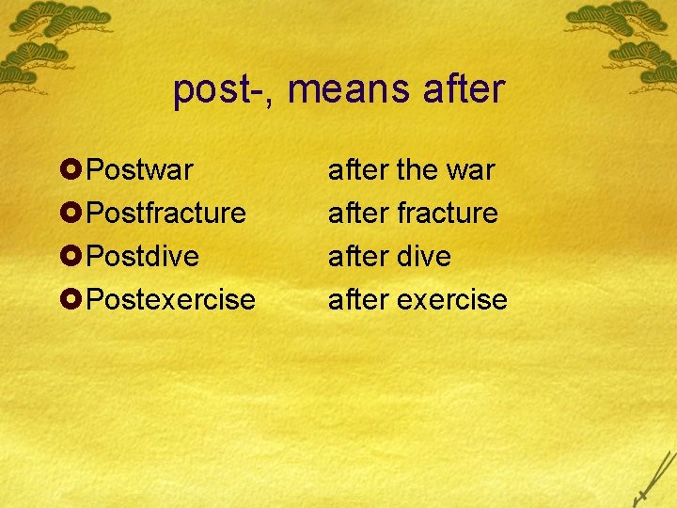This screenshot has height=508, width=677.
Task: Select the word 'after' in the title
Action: [464, 91]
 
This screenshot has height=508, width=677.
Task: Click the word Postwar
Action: [139, 170]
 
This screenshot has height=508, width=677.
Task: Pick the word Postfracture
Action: [165, 214]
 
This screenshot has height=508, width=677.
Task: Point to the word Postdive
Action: [142, 257]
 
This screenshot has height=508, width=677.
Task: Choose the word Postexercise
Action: [170, 300]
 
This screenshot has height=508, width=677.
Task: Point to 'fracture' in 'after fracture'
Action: [448, 214]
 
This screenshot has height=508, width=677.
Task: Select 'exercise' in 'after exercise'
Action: [452, 300]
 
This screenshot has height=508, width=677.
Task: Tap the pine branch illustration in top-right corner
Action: [625, 38]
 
